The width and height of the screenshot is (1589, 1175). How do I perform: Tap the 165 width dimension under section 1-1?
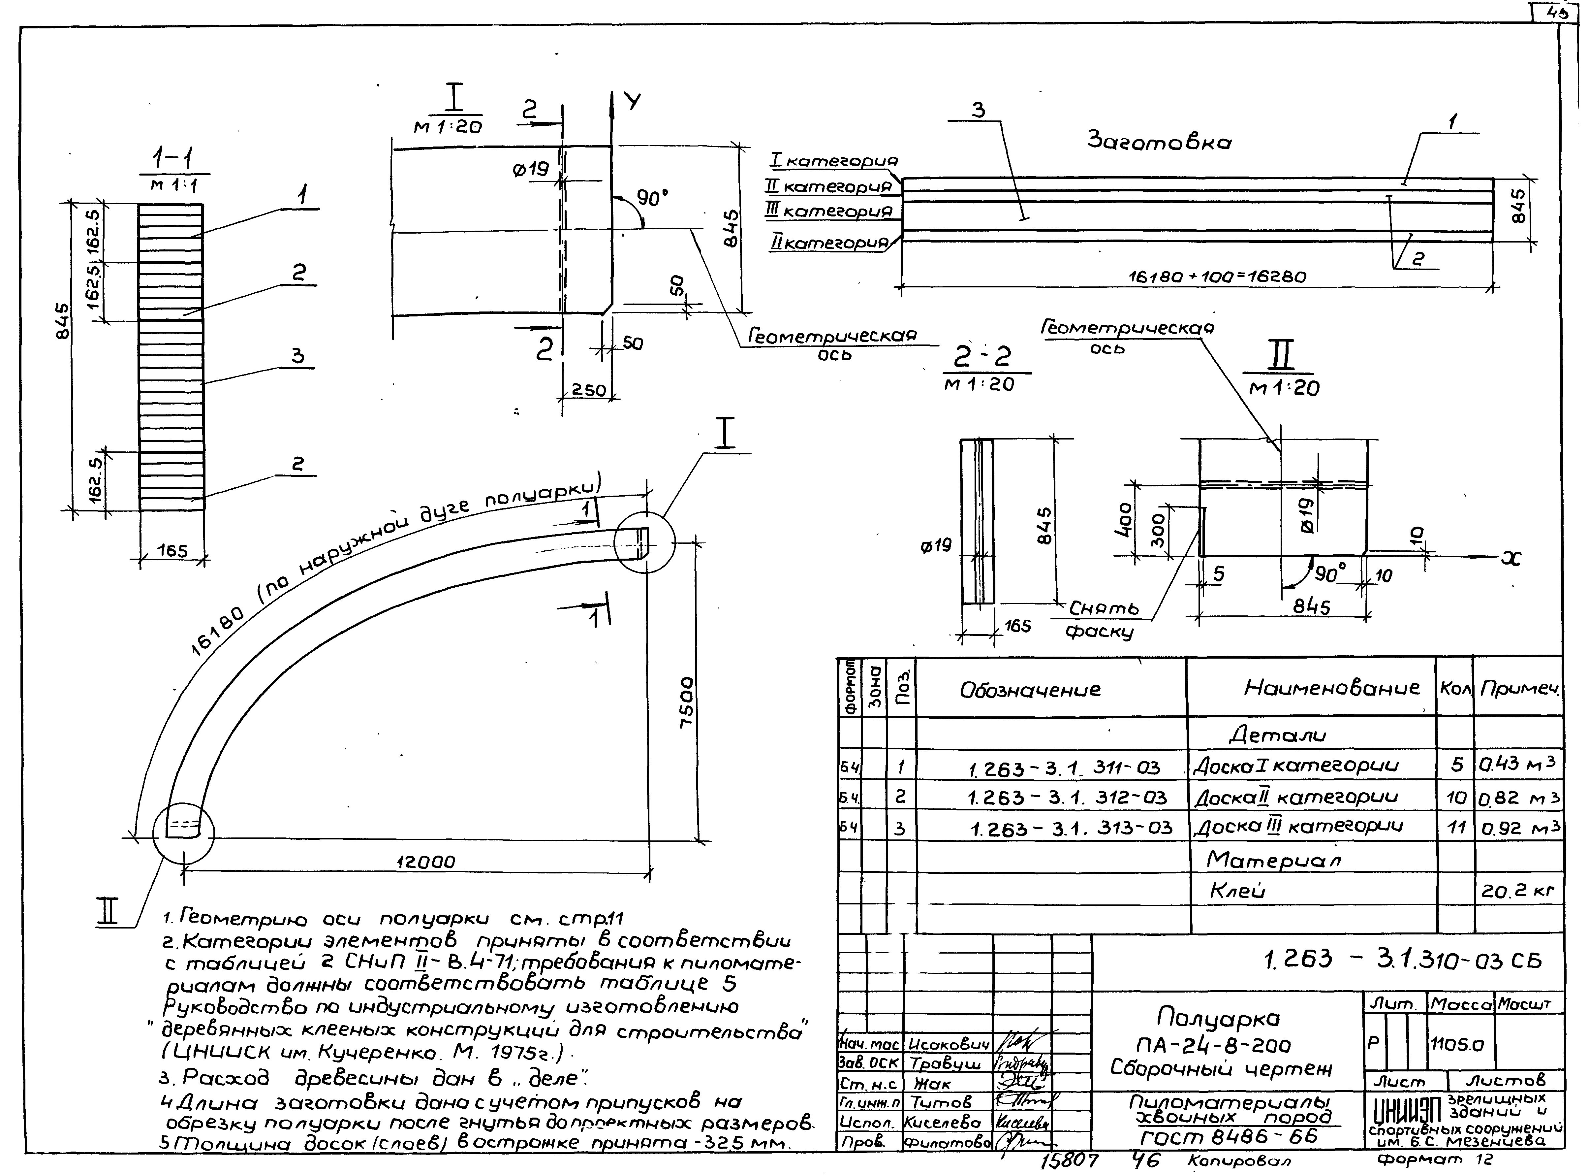[172, 551]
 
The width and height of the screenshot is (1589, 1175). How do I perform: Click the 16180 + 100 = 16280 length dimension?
[1217, 277]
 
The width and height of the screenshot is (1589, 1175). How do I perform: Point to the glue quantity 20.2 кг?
[1518, 891]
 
